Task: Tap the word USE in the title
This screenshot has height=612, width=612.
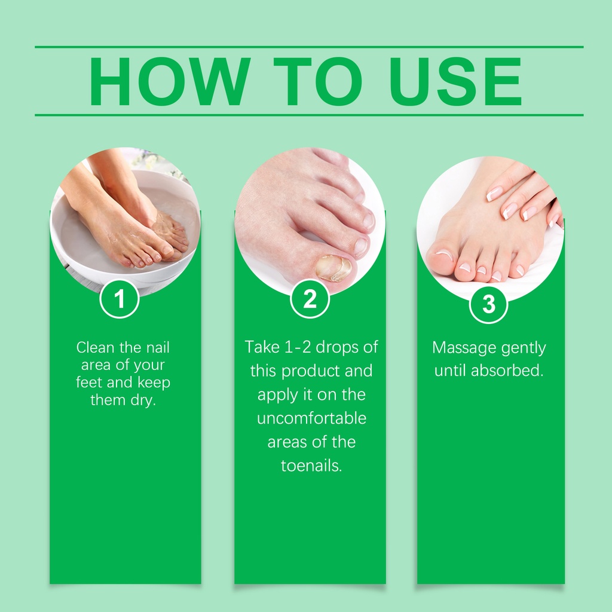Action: pos(455,81)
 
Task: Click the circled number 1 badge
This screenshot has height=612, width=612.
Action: pos(120,299)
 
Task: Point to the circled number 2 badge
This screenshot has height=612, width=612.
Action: pos(310,299)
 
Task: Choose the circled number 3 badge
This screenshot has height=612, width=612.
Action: pos(488,304)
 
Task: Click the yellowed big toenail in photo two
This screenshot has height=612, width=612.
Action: pos(333,268)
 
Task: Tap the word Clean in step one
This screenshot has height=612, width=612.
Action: pos(95,347)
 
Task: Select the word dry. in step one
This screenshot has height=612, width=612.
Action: pos(143,400)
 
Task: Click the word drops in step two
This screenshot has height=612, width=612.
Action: pos(337,348)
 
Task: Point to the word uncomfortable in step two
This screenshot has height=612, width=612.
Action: pos(311,418)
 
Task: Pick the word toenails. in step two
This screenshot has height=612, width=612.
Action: pos(311,466)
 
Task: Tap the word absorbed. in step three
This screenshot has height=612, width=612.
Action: pos(507,371)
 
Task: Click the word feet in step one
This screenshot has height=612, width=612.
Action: pos(90,382)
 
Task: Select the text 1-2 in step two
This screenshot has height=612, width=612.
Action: pos(298,347)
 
